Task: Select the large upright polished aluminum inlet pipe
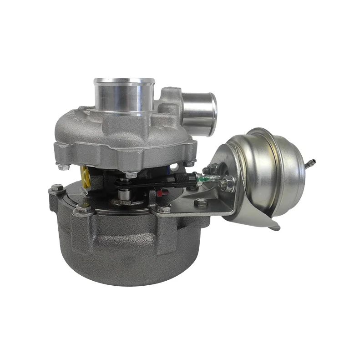point(124,96)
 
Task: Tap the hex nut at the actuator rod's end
point(228,183)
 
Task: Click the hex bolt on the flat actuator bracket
point(200,203)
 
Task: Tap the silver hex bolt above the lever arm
point(131,174)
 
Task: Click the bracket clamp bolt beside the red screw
point(165,208)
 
